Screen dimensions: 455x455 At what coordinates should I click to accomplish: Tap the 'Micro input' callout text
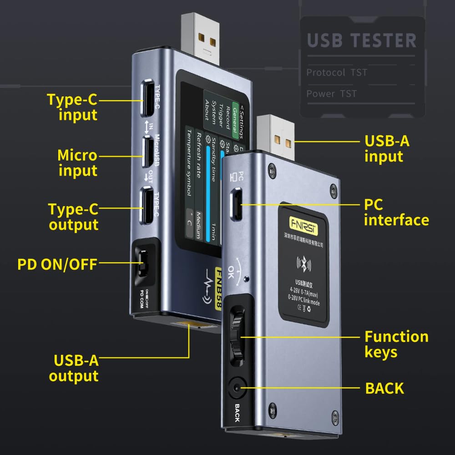click(77, 163)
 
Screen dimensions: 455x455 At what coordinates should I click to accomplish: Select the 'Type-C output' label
click(73, 217)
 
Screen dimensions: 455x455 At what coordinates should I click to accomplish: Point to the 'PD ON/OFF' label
click(57, 264)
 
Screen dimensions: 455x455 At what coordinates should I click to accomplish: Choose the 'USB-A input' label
click(387, 148)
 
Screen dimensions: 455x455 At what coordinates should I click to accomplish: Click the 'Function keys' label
click(396, 344)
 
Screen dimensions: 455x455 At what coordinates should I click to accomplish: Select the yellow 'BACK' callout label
click(384, 388)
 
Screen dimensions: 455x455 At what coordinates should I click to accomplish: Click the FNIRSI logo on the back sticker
click(302, 223)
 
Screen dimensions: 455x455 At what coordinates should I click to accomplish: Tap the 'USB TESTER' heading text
click(362, 40)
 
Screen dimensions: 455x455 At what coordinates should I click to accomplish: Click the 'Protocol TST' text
click(337, 72)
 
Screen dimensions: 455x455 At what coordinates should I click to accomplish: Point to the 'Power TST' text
click(331, 94)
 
